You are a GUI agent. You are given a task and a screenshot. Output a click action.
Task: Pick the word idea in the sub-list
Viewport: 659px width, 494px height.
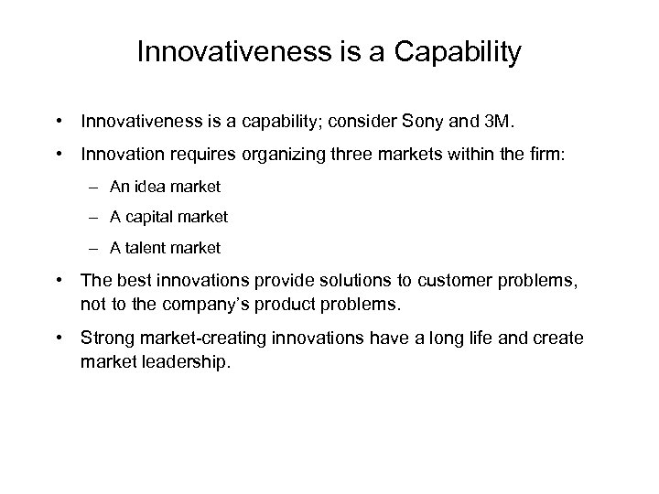[148, 187]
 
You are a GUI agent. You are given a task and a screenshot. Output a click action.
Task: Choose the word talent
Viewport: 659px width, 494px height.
[156, 249]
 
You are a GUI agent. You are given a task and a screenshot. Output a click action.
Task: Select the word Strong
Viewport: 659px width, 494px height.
[105, 338]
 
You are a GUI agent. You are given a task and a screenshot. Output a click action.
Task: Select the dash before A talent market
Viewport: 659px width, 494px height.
[95, 249]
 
